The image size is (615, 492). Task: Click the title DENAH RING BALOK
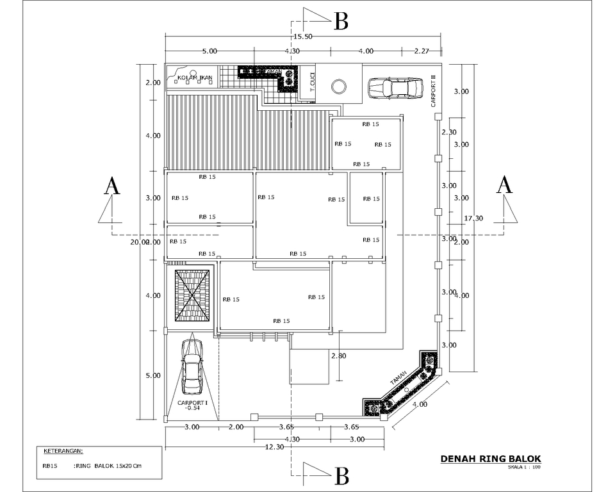point(491,459)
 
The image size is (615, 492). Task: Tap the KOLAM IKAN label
point(194,78)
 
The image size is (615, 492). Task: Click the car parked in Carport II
point(395,87)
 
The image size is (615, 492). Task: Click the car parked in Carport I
point(192,366)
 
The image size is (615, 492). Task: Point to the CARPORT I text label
point(192,402)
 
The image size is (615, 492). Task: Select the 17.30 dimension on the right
point(473,218)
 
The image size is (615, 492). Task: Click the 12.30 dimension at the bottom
point(274,447)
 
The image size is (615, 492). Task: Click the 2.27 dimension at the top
point(421,51)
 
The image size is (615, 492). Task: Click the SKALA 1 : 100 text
point(524,467)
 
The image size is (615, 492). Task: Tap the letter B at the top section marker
point(341,22)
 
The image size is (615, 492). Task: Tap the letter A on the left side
point(112,186)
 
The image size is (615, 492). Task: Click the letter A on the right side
point(505,185)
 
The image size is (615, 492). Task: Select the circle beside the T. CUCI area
point(338,86)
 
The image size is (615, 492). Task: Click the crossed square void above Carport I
point(192,295)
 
